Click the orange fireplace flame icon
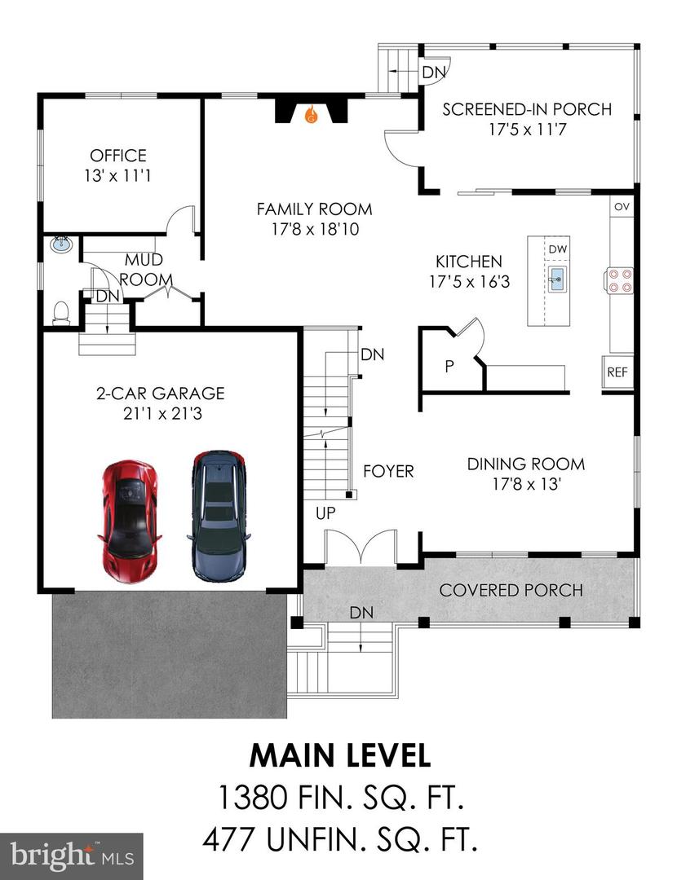(x=311, y=117)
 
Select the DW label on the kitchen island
(x=557, y=249)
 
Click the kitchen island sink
(x=557, y=278)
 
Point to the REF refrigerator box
(x=617, y=372)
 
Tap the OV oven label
(x=622, y=206)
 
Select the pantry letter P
(x=449, y=367)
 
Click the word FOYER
(x=388, y=471)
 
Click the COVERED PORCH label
(x=511, y=589)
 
